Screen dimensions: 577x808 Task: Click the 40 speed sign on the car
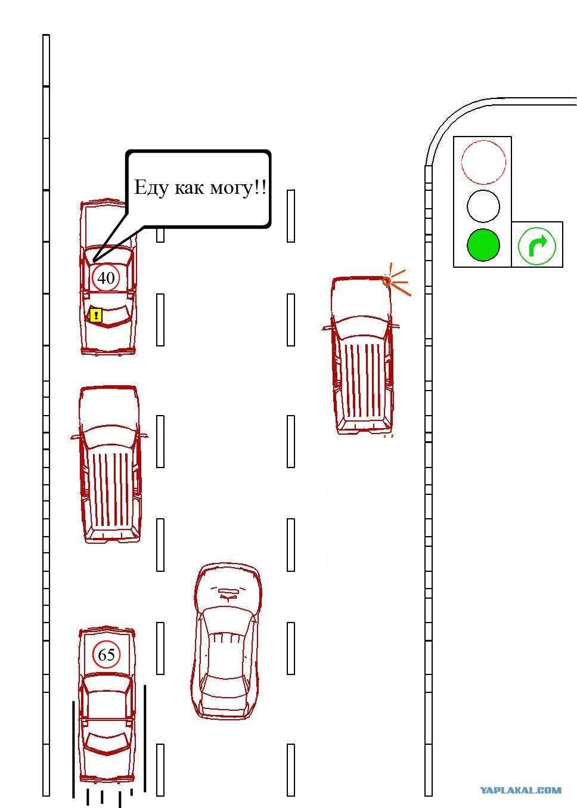pos(106,278)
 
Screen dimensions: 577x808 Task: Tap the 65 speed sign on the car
pos(106,654)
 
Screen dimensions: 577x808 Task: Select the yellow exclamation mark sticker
pos(96,315)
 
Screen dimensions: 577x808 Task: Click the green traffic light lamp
pos(483,245)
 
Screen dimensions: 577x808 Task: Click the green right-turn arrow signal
pos(537,246)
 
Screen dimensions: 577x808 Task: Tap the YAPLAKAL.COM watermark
pos(520,790)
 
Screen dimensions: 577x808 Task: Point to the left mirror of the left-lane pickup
pos(75,437)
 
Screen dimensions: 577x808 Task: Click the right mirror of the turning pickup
pos(395,327)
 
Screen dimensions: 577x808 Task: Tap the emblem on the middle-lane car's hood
pos(227,593)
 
